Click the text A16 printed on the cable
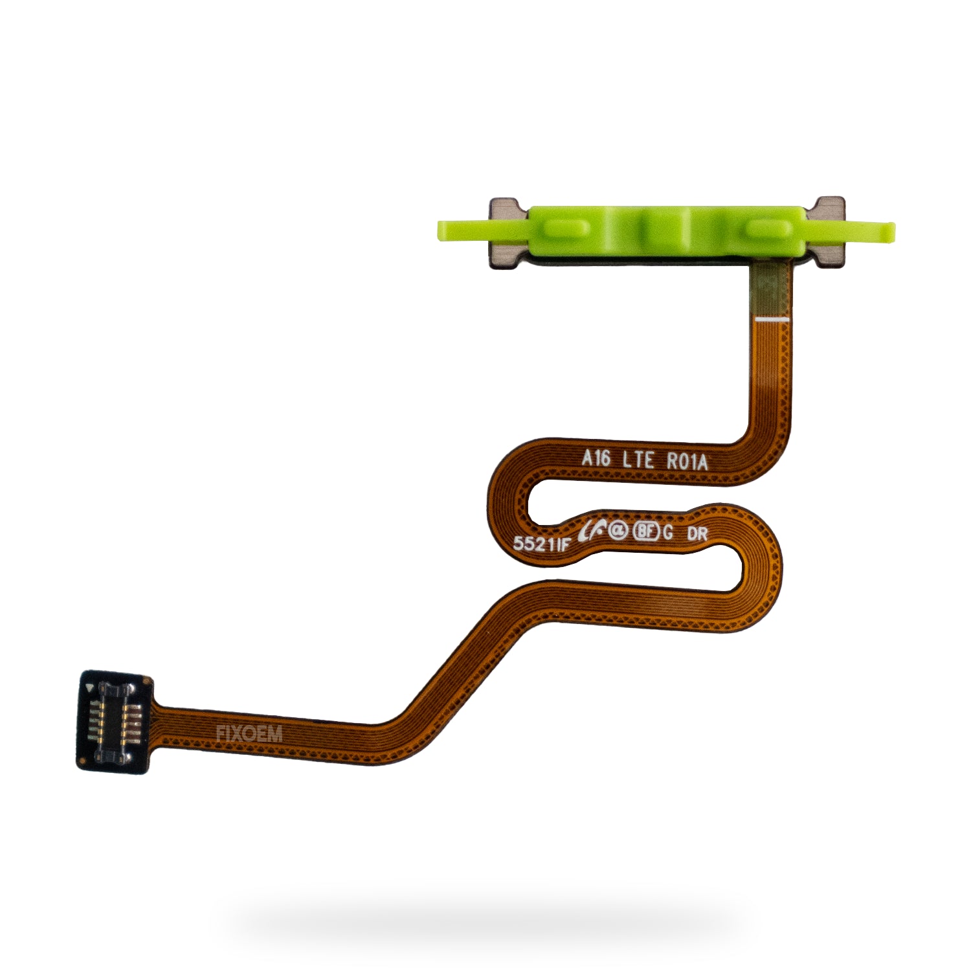point(596,458)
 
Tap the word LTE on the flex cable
point(638,460)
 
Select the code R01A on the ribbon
point(687,462)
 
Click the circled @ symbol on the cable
point(618,531)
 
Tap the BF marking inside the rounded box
point(646,532)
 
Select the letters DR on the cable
point(697,535)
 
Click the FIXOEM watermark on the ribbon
point(249,734)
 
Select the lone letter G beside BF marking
point(668,533)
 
